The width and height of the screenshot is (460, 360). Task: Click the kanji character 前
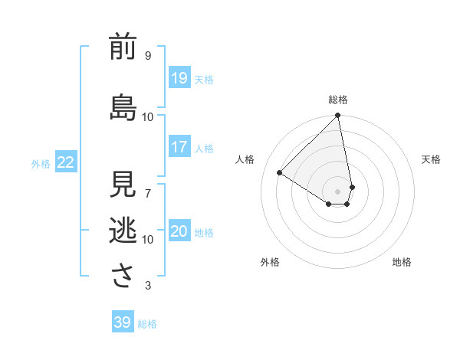click(123, 47)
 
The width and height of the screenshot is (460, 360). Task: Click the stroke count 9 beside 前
click(148, 56)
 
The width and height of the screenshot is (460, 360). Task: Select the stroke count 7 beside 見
click(148, 193)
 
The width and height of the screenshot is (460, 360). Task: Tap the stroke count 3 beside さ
click(148, 286)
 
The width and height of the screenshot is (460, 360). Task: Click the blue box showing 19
click(179, 78)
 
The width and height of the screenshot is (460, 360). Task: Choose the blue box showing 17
click(179, 147)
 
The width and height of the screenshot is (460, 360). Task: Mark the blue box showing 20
click(179, 231)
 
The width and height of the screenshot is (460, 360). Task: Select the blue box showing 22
click(66, 162)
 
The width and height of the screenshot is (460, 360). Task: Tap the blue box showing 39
click(122, 322)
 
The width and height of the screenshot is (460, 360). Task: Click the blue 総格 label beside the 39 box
click(147, 324)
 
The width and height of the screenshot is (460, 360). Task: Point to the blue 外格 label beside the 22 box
click(41, 163)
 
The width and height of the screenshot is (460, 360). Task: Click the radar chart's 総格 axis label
click(338, 100)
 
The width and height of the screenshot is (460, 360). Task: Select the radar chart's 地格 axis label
click(402, 262)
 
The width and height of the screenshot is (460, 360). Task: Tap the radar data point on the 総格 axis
click(338, 116)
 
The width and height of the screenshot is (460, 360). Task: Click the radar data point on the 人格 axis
click(280, 172)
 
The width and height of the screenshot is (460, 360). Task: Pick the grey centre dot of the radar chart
click(338, 191)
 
